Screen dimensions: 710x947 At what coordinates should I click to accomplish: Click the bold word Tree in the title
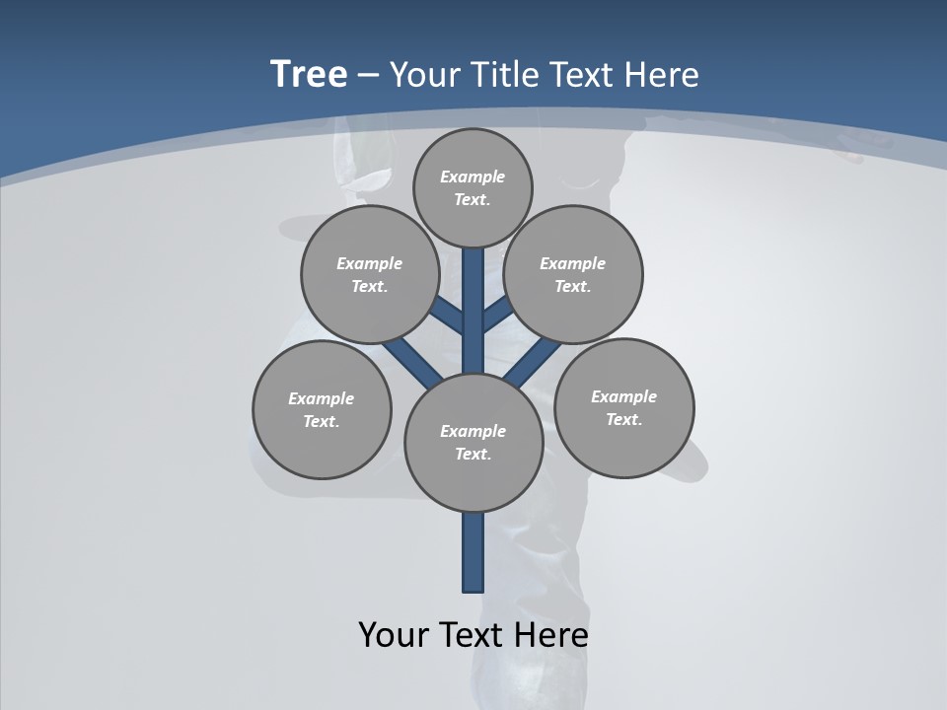(x=309, y=74)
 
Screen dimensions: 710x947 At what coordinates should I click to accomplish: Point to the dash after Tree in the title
(x=368, y=76)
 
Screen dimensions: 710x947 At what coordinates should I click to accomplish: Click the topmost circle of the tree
(x=473, y=187)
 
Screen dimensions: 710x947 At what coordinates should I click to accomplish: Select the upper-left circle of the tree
(x=370, y=275)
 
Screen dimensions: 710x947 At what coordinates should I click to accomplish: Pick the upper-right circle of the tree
(x=573, y=275)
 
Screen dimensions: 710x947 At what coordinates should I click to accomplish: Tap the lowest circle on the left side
(x=322, y=410)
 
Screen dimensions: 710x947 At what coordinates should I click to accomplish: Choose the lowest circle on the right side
(x=623, y=407)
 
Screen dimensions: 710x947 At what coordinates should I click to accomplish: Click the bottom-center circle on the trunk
(x=473, y=443)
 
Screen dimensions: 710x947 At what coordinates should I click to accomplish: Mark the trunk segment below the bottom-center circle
(x=473, y=552)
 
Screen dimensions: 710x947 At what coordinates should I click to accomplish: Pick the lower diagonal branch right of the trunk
(x=533, y=361)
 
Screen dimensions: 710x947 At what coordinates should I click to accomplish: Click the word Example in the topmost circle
(x=473, y=177)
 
